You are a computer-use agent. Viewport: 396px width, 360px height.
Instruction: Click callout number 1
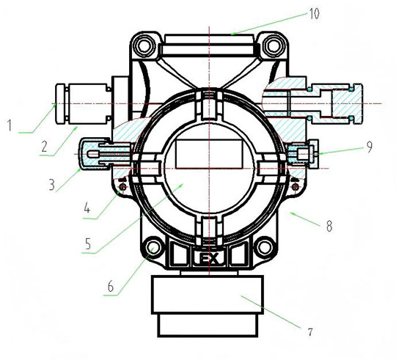pos(10,125)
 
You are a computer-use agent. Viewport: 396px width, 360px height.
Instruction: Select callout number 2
pos(45,147)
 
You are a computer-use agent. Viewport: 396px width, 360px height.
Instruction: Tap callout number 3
pos(52,185)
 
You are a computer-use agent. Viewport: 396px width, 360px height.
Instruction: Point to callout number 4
pos(87,208)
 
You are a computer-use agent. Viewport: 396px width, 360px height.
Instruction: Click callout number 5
pos(88,243)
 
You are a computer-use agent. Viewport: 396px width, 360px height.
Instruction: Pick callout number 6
pos(111,287)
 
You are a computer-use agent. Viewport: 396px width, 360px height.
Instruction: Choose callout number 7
pos(310,331)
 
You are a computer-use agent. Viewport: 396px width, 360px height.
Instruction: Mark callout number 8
pos(329,226)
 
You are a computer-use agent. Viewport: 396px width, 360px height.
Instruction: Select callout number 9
pos(369,147)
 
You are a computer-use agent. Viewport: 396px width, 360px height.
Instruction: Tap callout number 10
pos(315,13)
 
